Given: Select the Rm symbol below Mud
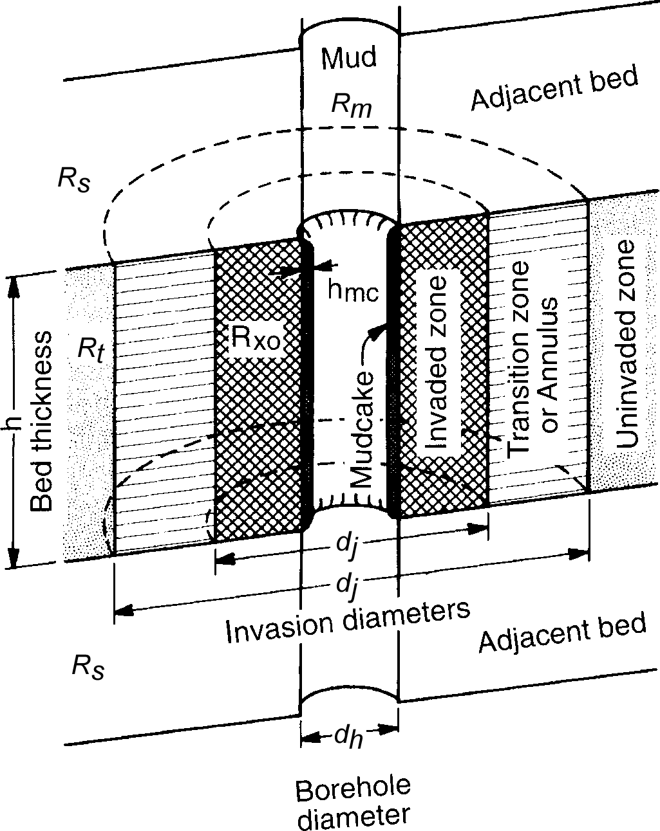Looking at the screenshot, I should [351, 104].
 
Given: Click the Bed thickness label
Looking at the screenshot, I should [42, 421].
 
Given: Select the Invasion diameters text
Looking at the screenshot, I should [347, 622].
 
